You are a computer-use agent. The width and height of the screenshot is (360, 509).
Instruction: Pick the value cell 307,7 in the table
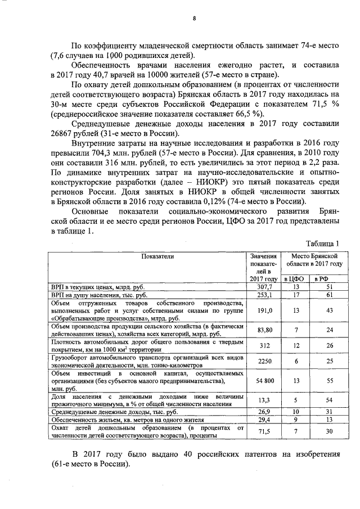264,286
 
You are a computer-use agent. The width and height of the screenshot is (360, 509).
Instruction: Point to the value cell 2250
264,362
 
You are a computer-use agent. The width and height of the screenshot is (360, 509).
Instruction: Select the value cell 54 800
264,381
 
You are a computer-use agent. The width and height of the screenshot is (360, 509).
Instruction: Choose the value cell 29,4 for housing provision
264,420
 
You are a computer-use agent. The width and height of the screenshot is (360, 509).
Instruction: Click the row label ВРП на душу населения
100,294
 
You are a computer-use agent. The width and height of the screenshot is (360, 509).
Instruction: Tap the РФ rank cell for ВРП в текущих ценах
329,286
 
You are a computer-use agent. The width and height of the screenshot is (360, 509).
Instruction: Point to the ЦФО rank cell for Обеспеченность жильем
296,420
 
